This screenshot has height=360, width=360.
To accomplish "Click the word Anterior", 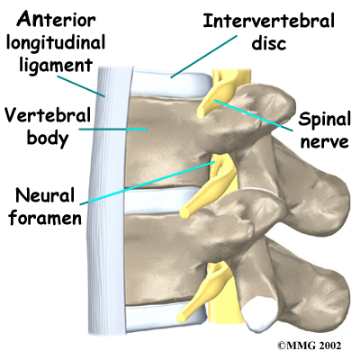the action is coord(56,20).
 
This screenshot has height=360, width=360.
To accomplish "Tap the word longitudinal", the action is coord(56,43).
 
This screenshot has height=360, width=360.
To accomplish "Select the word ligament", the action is coord(56,66).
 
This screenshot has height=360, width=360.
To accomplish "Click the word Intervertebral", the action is coord(268,21).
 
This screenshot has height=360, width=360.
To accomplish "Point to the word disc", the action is coord(269,43).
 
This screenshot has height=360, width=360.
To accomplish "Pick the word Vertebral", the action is coord(48,115).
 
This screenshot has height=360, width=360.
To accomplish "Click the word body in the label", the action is coord(48,139).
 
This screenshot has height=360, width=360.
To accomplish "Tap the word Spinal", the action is coord(325,121).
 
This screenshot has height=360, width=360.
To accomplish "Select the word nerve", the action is coord(325,141).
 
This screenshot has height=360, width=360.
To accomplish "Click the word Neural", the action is coord(45,195).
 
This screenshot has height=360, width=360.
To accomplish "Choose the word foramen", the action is coord(45,218).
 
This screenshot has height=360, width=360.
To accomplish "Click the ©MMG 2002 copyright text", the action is coord(310,346).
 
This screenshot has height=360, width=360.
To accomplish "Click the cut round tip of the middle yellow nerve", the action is coord(184,212).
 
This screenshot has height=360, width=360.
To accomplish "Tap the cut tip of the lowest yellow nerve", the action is coord(182,317).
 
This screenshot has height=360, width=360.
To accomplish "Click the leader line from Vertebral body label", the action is coord(113,130).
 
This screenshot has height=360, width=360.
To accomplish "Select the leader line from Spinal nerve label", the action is coord(254,115).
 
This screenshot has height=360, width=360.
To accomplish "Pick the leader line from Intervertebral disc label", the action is coord(203,57).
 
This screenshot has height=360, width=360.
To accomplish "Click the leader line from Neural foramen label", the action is coord(148,183).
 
